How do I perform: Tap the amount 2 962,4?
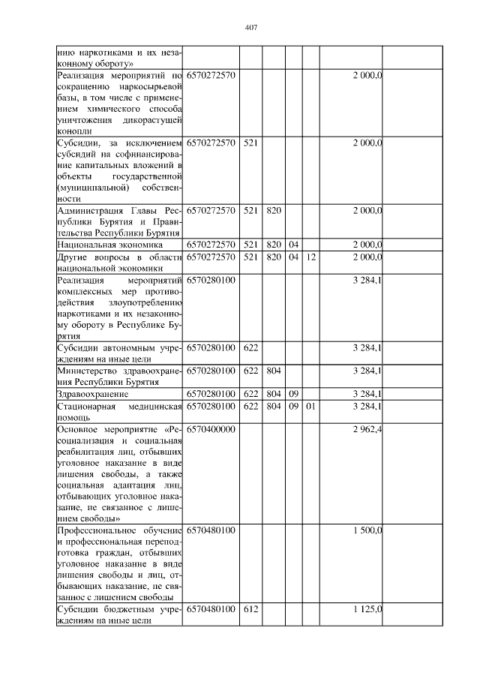pos(367,429)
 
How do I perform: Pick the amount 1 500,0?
pos(367,530)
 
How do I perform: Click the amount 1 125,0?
pos(367,609)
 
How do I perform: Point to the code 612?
pos(250,609)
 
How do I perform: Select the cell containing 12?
pos(310,257)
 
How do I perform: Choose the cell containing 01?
pos(310,406)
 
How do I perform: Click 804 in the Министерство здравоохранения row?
pos(273,370)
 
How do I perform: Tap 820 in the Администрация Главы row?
pos(273,210)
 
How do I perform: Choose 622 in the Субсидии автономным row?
pos(250,347)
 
